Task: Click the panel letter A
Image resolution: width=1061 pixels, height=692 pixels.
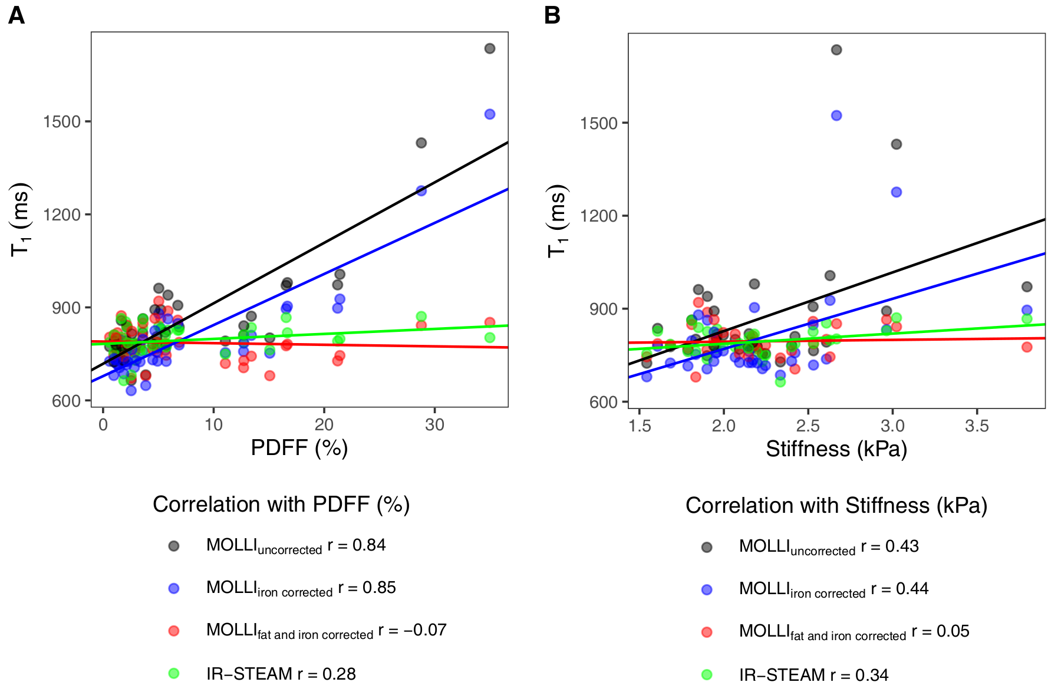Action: pos(17,15)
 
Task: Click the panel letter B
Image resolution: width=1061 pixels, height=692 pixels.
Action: pos(552,15)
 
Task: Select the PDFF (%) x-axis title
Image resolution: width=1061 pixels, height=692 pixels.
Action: pos(299,448)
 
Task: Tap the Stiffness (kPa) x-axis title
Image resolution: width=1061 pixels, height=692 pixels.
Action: pos(836,449)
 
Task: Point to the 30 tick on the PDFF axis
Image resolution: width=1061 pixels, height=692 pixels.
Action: pos(434,424)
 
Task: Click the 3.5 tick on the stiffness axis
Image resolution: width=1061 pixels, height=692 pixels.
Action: pos(977,426)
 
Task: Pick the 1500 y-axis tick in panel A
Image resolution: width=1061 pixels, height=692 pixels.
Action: pos(61,121)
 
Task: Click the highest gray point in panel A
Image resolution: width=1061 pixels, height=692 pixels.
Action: pos(489,48)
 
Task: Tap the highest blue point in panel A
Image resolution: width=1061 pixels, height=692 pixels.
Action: pos(489,114)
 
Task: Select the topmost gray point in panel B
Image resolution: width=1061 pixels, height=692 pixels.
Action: pos(836,50)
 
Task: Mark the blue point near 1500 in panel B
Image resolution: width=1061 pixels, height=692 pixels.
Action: pos(836,116)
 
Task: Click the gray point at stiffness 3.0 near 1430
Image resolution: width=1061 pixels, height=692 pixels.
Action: pos(896,144)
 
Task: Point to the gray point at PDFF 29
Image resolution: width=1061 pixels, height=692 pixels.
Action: pos(421,143)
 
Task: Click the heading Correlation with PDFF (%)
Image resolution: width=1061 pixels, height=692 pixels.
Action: pos(281,505)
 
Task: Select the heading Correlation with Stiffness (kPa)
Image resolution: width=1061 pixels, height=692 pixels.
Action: pos(836,506)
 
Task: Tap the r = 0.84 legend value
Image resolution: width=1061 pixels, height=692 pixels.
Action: pos(357,545)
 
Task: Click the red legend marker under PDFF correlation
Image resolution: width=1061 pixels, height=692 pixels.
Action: pos(173,631)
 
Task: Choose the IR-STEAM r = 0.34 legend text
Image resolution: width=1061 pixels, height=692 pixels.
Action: pos(813,675)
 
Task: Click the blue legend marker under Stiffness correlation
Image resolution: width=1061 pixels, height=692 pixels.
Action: pos(707,589)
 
